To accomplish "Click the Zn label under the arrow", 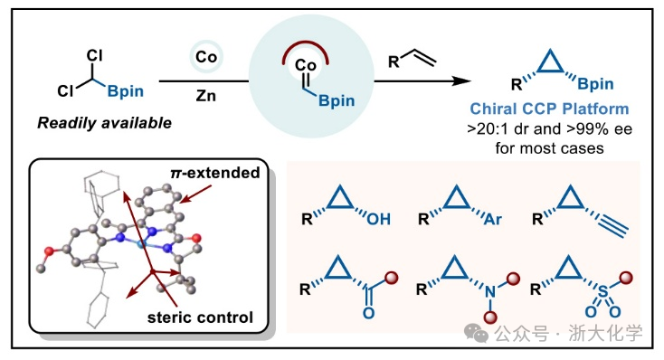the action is [206, 96].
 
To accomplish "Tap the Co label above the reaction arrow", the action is [206, 57].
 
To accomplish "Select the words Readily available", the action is [105, 123].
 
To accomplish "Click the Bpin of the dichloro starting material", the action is [126, 91].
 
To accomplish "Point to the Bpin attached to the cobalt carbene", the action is [337, 100].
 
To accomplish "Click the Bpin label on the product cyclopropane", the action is [595, 84].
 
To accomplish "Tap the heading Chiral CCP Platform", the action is [549, 109].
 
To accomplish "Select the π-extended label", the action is [215, 173].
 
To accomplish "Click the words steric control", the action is [200, 317].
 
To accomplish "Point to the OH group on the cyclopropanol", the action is [378, 219].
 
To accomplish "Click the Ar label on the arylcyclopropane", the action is [493, 219].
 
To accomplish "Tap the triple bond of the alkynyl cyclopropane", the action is [612, 227].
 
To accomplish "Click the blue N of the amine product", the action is [490, 292].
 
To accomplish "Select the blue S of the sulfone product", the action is [603, 291].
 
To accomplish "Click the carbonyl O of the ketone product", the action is [368, 313].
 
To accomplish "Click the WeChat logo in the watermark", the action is [477, 333].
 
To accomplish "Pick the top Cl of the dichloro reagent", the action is [94, 55].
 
